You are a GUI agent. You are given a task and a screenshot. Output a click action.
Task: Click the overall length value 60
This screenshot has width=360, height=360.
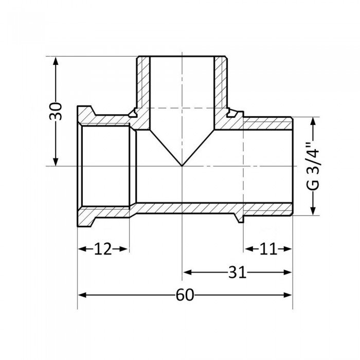(x=185, y=295)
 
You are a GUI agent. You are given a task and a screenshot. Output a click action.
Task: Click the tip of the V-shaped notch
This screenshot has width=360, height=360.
(x=182, y=166)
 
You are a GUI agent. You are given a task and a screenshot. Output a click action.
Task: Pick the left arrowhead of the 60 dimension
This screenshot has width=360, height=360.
(x=81, y=295)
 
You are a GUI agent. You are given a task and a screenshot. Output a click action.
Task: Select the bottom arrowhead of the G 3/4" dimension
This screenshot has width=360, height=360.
(x=312, y=211)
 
